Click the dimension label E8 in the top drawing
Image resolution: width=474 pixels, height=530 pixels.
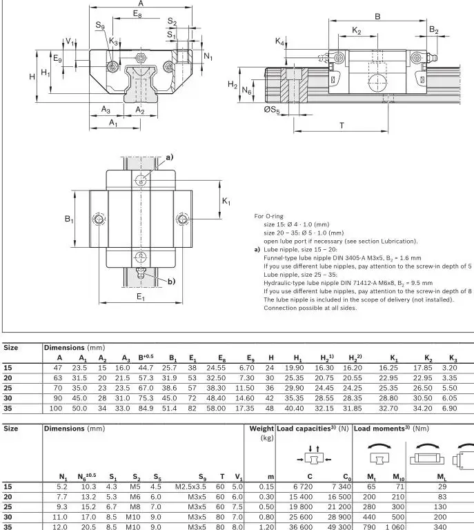point(137,14)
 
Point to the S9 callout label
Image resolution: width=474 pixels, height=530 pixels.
point(100,26)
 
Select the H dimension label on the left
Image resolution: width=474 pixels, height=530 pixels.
point(32,77)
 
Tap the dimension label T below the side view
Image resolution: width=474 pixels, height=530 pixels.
point(342,125)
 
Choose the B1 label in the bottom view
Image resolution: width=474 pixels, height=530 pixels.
point(69,219)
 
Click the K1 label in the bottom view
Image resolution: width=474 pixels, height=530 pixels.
point(226,201)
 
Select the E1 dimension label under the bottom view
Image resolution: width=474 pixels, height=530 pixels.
point(141,297)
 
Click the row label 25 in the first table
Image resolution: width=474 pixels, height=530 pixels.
point(8,389)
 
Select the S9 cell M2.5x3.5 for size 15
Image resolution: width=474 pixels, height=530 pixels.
point(192,487)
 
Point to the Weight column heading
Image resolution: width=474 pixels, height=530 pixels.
point(261,429)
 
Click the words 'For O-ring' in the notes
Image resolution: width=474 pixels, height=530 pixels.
point(269,216)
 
